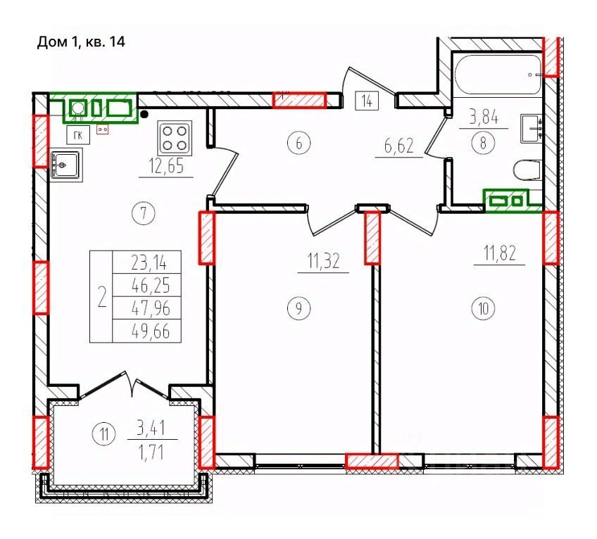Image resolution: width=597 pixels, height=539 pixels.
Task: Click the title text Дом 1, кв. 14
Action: tap(81, 42)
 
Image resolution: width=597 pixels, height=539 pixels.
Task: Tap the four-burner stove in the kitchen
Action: tap(175, 138)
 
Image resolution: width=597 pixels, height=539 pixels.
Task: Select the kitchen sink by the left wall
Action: tap(66, 165)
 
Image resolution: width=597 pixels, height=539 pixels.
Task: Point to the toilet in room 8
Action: tap(527, 170)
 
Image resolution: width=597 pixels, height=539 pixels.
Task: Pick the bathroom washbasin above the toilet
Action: tap(531, 129)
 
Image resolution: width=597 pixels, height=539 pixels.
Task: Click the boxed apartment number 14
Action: tap(367, 101)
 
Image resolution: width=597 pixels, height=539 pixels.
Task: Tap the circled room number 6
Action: tap(299, 144)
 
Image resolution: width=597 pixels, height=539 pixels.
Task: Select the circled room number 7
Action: tap(144, 213)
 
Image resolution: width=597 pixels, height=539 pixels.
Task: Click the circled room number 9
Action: tap(299, 308)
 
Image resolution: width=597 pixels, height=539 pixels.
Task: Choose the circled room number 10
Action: tap(484, 308)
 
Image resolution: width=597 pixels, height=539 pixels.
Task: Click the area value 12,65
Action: tap(167, 167)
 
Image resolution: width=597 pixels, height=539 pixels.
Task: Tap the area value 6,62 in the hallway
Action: tap(399, 146)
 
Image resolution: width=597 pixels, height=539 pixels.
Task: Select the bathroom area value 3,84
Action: tap(484, 118)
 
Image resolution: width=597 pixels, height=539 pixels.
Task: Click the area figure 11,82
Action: tap(500, 253)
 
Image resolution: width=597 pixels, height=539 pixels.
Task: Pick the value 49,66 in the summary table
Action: tap(151, 332)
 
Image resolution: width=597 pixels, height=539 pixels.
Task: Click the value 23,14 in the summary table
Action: tap(150, 263)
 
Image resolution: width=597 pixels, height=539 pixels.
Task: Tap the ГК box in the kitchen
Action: tap(78, 135)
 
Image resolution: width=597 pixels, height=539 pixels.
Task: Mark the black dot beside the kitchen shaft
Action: tap(144, 114)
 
